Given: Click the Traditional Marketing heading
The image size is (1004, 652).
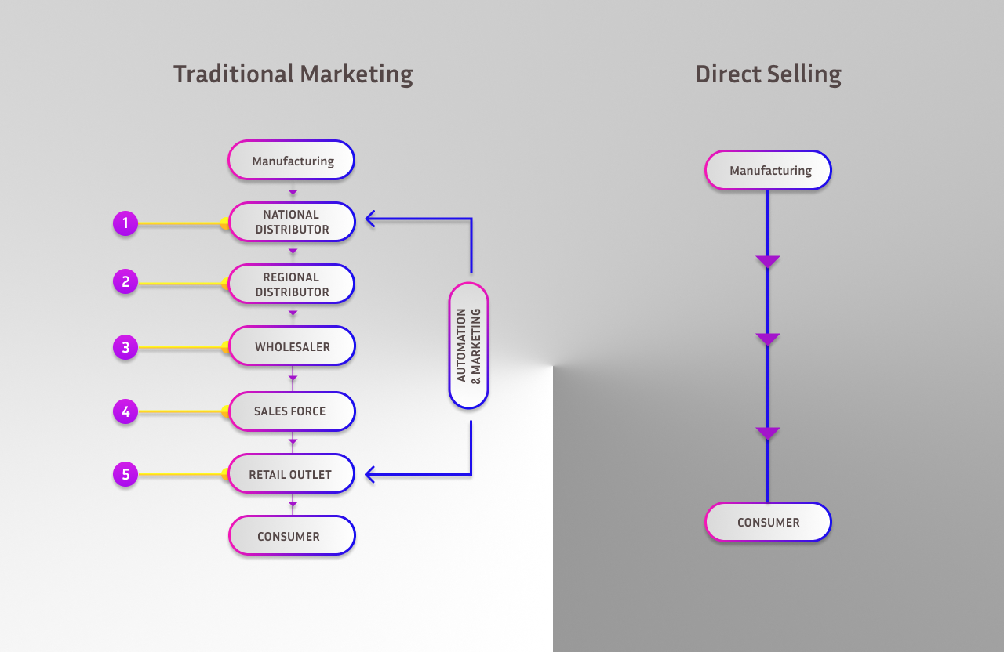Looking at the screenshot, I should pos(293,74).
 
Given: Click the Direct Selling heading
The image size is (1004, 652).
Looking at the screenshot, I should pos(768,74).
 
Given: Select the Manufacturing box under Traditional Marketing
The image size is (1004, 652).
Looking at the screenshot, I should pos(292,161).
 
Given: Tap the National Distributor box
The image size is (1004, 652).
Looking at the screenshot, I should pos(292,222).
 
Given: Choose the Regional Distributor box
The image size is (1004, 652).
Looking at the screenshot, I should pos(292,284).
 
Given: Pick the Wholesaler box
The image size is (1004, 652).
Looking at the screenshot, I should pos(292,346).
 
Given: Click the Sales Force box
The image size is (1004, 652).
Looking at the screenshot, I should pos(292,411).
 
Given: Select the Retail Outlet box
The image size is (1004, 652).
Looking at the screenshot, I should pos(292,474).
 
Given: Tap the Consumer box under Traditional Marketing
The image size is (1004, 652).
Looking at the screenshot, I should pos(292,536).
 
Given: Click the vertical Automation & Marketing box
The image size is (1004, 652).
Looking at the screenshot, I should pos(468,346).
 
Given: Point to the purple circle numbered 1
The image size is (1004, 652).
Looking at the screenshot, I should pos(125,223).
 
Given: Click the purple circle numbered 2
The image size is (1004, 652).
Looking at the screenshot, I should pos(125,281).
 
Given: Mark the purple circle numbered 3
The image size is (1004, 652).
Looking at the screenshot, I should pos(125,346).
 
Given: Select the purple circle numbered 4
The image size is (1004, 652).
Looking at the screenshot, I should pos(125,411).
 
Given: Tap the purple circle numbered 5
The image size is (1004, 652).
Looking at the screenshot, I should pos(125,474).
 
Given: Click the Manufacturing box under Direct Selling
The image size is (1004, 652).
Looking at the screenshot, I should pos(768,170).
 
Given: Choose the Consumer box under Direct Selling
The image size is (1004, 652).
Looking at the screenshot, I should pos(768,522).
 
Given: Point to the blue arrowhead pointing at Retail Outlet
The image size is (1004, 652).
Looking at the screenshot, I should pos(371,473).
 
